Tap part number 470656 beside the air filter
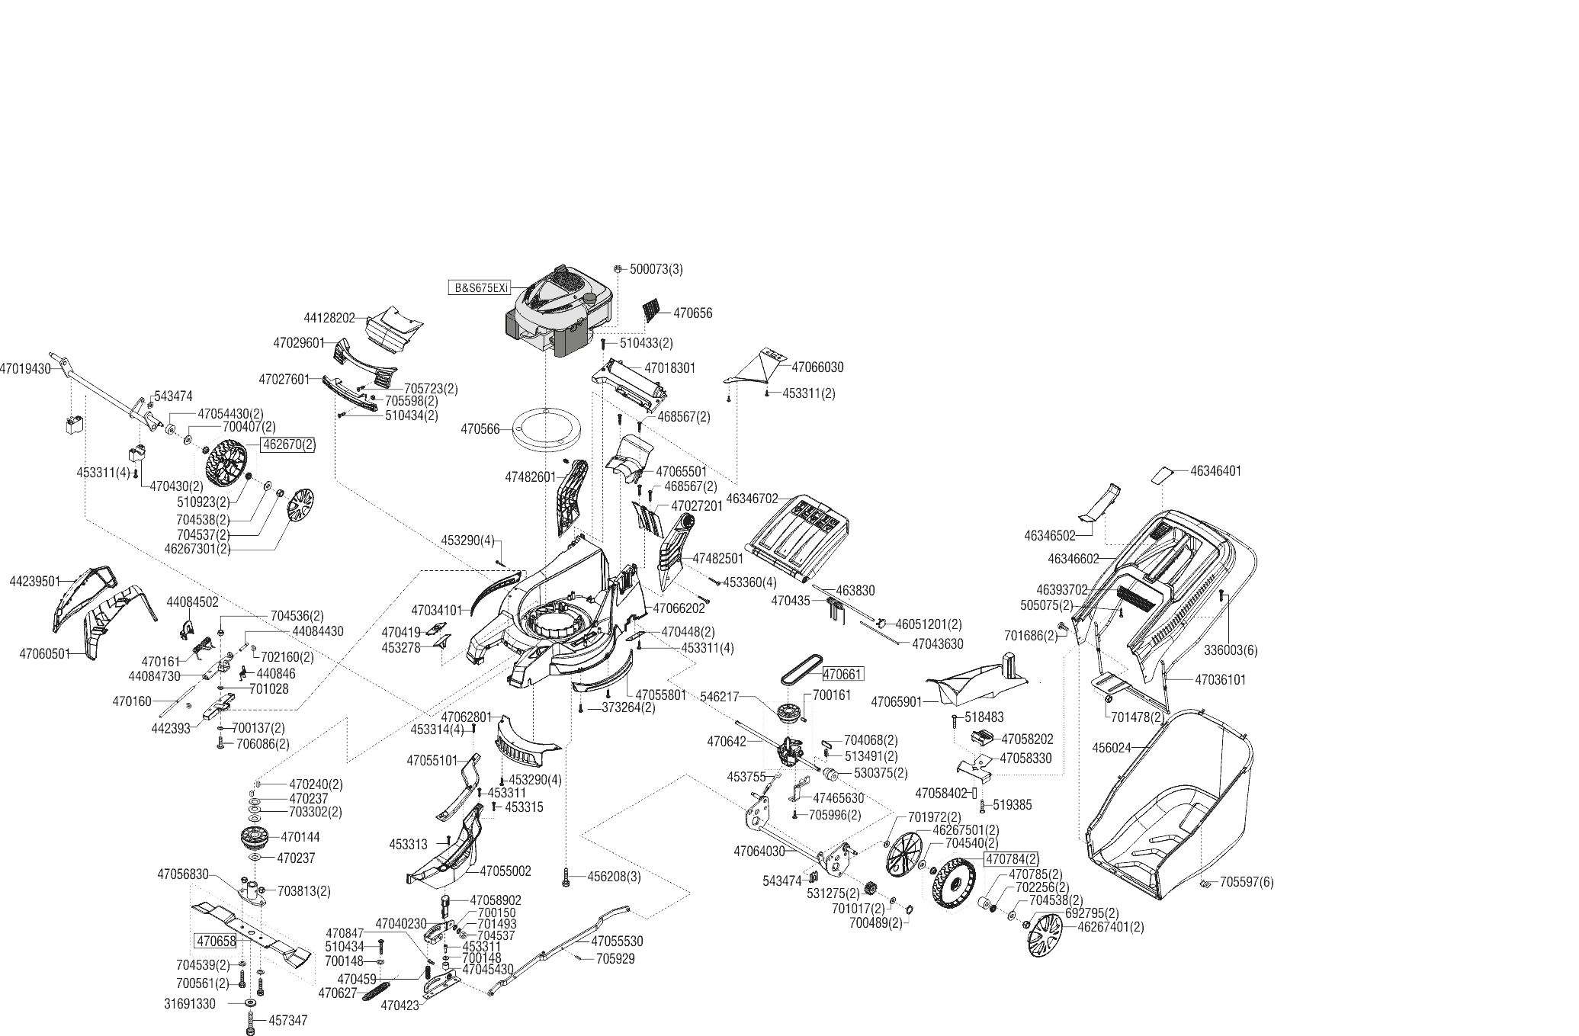click(692, 313)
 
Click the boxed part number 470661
click(842, 674)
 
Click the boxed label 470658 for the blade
click(215, 940)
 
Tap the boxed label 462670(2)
click(287, 444)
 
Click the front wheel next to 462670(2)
click(227, 463)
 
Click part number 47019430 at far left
click(25, 368)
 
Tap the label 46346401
click(1215, 471)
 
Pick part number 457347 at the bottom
click(288, 1020)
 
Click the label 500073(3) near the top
click(656, 269)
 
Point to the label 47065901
click(897, 701)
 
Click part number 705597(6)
click(1247, 882)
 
